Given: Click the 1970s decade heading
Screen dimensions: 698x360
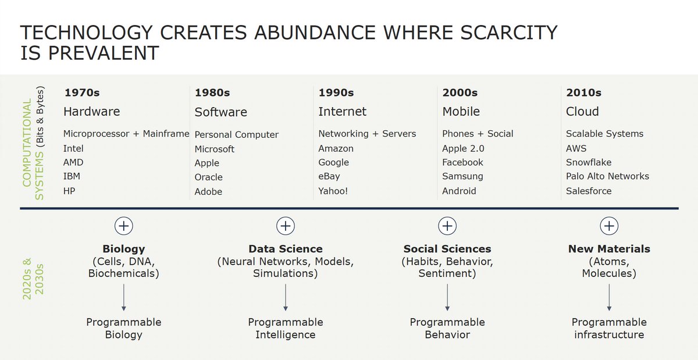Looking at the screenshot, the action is (82, 92).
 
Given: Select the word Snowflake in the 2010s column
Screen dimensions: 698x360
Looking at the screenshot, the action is (588, 162).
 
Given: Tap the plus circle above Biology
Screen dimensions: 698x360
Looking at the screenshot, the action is (124, 226).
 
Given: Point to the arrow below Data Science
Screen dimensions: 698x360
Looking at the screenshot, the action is (286, 297).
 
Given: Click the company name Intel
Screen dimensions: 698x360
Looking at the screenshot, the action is (73, 148).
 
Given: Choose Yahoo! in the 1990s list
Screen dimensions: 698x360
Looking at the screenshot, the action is (333, 191).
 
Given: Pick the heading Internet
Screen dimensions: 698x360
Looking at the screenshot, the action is (342, 112).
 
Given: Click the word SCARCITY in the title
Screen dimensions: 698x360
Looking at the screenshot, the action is (508, 33).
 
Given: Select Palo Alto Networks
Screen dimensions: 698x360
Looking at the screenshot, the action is (607, 176).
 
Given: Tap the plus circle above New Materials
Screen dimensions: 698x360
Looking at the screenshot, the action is (609, 226).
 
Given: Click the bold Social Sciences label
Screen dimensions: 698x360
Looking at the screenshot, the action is (447, 249).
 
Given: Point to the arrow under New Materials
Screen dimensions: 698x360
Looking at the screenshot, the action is (609, 297).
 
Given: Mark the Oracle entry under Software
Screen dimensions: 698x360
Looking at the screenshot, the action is (208, 177).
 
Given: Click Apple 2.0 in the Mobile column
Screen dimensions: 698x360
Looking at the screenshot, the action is (463, 148).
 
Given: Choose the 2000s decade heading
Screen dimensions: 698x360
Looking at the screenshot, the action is (460, 92).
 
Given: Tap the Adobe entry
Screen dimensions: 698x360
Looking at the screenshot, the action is (208, 191).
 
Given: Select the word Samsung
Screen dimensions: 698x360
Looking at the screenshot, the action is (462, 176).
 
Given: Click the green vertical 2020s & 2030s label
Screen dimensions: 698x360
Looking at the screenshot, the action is (33, 279).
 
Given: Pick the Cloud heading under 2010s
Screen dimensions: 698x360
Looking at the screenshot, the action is (582, 112).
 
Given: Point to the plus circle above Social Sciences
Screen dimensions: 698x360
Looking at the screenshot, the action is (447, 226).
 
